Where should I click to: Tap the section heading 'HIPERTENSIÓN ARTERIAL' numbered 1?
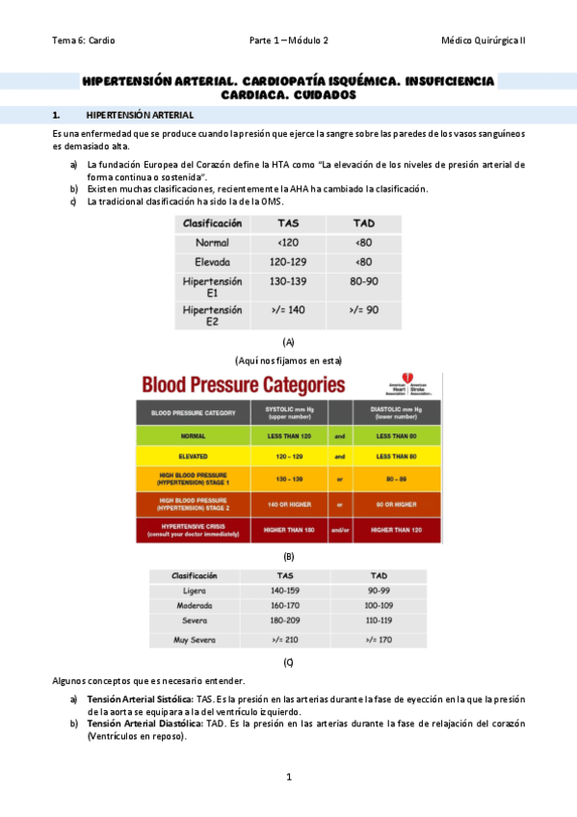139,115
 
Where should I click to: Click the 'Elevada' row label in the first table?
212,261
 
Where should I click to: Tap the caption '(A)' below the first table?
288,342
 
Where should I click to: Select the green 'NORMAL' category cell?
193,435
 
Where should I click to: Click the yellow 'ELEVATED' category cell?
193,456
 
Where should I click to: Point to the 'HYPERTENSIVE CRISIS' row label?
193,530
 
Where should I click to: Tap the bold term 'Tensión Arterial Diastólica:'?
140,724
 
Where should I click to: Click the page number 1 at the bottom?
288,777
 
